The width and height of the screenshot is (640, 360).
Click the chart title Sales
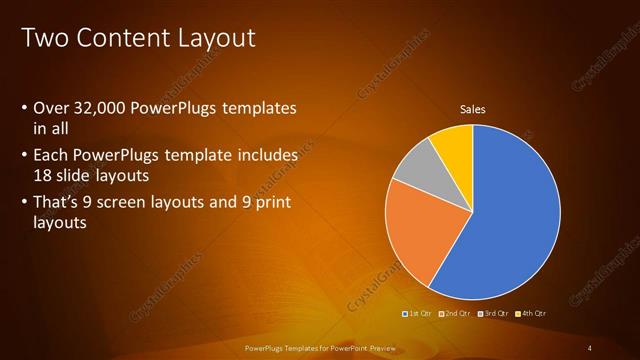tap(472, 109)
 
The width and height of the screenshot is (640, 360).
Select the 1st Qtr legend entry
tap(420, 314)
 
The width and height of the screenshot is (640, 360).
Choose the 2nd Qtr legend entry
tap(457, 314)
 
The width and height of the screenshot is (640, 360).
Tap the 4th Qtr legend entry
tap(533, 314)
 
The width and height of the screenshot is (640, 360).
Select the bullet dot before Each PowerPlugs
tap(24, 156)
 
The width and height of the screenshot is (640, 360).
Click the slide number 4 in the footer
tap(590, 347)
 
